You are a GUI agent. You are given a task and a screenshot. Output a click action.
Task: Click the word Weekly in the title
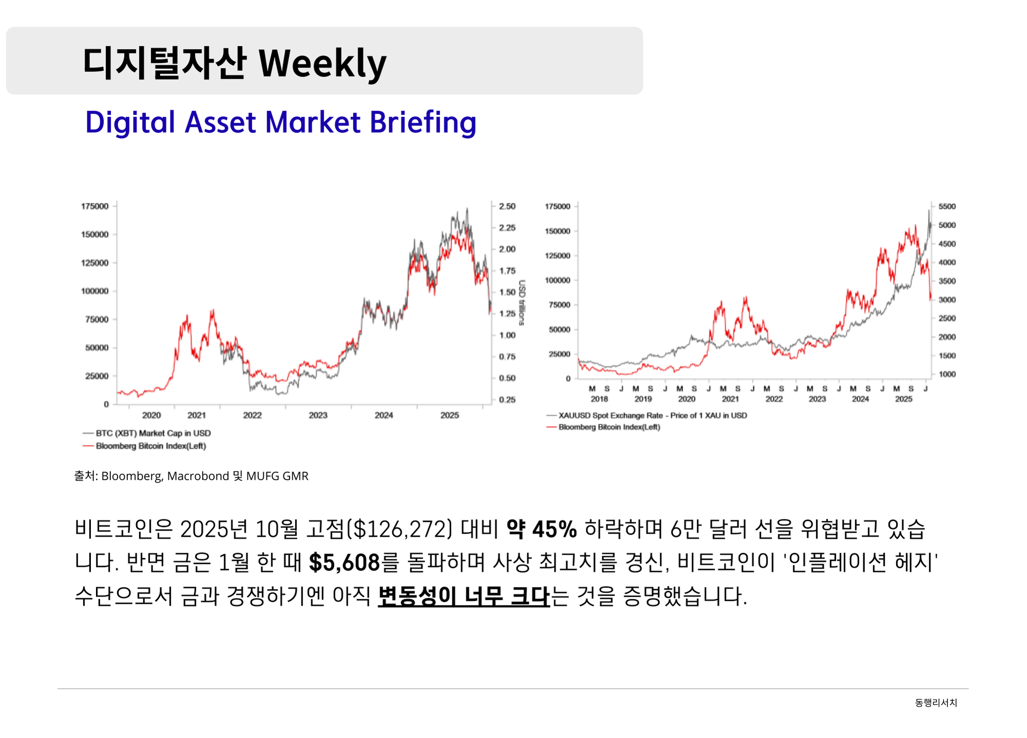(322, 64)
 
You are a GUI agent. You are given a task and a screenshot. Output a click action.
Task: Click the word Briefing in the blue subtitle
(423, 122)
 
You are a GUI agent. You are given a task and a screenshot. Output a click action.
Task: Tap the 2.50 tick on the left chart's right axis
(507, 206)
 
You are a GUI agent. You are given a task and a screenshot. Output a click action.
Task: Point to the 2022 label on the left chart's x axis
(252, 415)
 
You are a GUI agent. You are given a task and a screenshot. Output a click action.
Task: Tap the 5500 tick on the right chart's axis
(947, 206)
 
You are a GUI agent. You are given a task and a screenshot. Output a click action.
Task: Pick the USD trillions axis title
(522, 303)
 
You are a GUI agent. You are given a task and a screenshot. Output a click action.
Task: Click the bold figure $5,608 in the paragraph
(344, 563)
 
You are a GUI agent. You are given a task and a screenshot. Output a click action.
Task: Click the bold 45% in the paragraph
(555, 529)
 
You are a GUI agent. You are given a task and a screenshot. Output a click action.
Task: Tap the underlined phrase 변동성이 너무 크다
(464, 596)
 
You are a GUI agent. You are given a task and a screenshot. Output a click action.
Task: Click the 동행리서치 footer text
(936, 703)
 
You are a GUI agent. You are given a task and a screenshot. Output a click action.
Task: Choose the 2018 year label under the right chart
(599, 399)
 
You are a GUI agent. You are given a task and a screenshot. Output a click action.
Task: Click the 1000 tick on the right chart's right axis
(947, 374)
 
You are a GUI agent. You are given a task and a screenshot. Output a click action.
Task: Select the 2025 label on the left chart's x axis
(449, 415)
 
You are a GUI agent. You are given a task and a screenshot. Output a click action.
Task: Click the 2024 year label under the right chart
(861, 399)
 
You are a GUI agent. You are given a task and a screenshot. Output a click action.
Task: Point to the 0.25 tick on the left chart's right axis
(507, 400)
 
